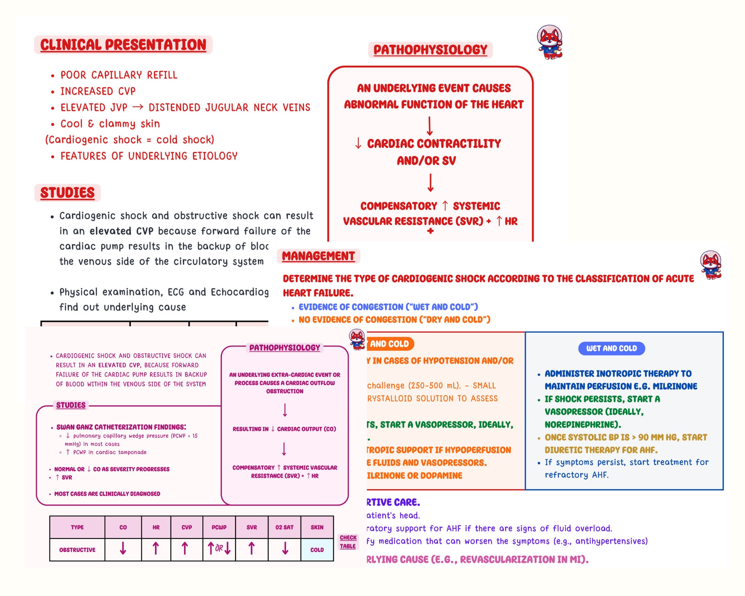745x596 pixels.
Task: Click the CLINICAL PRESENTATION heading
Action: pos(123,45)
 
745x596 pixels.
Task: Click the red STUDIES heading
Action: pos(67,193)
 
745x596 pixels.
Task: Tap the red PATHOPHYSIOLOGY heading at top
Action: pos(430,50)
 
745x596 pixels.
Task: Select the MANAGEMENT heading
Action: pos(318,256)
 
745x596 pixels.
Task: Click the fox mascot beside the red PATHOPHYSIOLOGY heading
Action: pos(550,42)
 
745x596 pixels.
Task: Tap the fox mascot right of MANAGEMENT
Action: pos(711,265)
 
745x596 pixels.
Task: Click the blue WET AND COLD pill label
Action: pos(611,348)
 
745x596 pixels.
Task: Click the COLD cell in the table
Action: pos(317,550)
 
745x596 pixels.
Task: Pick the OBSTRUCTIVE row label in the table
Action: pos(77,550)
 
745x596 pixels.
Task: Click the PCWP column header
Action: pos(219,527)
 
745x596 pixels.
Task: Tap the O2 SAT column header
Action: pos(284,527)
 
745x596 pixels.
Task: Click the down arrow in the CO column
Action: pos(123,548)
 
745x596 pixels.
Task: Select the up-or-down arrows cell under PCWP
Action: pos(219,548)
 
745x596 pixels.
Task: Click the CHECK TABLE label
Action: pos(348,542)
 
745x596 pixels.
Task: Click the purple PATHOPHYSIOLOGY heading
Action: pos(285,348)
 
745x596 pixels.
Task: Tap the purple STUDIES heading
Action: pos(71,405)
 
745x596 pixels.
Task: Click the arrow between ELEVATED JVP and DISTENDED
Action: pos(138,107)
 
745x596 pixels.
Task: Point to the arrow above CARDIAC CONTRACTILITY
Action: pos(429,126)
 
